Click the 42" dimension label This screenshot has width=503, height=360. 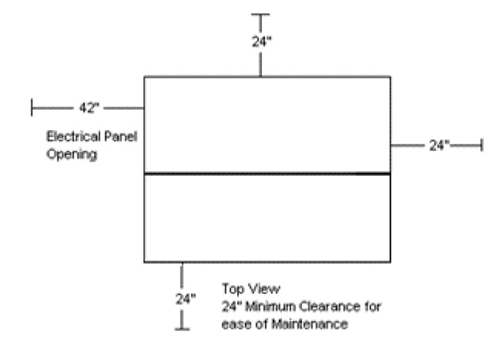[x=89, y=107]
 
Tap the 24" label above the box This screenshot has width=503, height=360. [x=260, y=42]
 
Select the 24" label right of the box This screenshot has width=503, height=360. [x=439, y=145]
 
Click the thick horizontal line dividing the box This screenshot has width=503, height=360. [x=267, y=173]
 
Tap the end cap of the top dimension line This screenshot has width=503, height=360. [x=260, y=14]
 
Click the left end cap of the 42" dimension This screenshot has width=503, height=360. [x=32, y=107]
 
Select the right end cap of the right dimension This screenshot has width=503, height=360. [x=482, y=145]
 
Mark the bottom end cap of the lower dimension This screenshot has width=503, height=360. [x=182, y=328]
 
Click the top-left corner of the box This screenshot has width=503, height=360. [x=145, y=77]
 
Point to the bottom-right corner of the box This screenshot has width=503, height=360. [x=390, y=261]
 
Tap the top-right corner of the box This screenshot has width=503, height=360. [x=390, y=77]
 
